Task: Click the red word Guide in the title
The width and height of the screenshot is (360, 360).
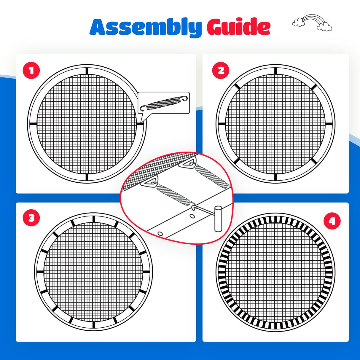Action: tap(239, 26)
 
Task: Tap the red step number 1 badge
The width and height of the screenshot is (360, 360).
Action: tap(31, 71)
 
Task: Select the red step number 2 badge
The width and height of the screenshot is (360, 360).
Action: tap(221, 71)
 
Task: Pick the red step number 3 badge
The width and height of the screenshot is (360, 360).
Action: tap(31, 218)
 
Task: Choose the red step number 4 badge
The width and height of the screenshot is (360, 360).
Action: tap(332, 221)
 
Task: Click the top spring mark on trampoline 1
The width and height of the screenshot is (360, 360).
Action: tap(87, 71)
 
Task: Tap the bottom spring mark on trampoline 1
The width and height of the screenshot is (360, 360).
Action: tap(87, 177)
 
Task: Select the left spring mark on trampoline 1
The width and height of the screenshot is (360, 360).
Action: tap(34, 124)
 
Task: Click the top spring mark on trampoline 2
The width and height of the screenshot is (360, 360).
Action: tap(275, 71)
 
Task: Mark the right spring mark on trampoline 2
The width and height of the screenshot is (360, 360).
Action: tap(329, 124)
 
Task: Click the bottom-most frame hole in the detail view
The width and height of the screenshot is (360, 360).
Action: tap(160, 233)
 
